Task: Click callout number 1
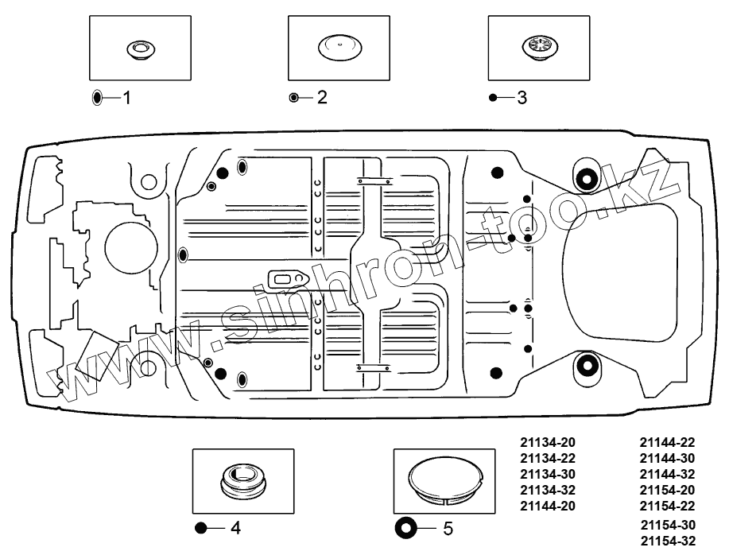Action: tap(126, 98)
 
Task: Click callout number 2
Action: tap(321, 98)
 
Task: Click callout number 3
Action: tap(522, 98)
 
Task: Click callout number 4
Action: tap(235, 528)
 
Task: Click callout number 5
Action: tap(448, 528)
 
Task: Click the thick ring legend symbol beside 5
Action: tap(405, 528)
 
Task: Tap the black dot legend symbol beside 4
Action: tap(200, 528)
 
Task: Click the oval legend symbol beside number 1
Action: tap(97, 98)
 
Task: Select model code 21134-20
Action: tap(547, 442)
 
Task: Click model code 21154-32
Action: tap(668, 541)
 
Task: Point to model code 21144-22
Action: tap(668, 442)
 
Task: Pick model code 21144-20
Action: tap(547, 506)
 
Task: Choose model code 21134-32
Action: tap(547, 490)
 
